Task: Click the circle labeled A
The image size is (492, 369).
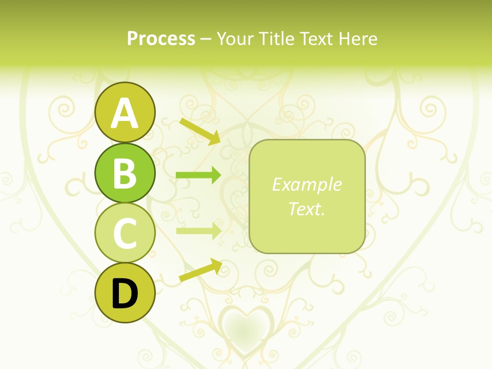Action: pos(125,112)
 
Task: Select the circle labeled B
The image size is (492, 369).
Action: pos(125,173)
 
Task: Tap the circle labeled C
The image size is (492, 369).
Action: pos(125,233)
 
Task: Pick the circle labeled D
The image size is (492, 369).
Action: pos(125,293)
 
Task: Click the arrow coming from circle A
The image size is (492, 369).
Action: pos(199,131)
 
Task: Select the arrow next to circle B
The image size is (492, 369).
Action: pos(198,175)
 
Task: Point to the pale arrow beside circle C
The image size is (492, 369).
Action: pos(198,231)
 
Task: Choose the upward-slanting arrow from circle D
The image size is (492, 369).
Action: pos(200,270)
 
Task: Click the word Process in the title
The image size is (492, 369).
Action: pos(161,38)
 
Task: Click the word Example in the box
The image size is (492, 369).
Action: pos(307,184)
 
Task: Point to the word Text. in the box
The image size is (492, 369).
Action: pos(307,209)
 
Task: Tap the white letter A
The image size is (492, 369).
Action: pos(125,113)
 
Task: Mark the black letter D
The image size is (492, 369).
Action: pos(125,294)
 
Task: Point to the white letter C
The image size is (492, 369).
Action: pos(125,233)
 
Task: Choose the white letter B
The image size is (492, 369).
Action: pos(125,173)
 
